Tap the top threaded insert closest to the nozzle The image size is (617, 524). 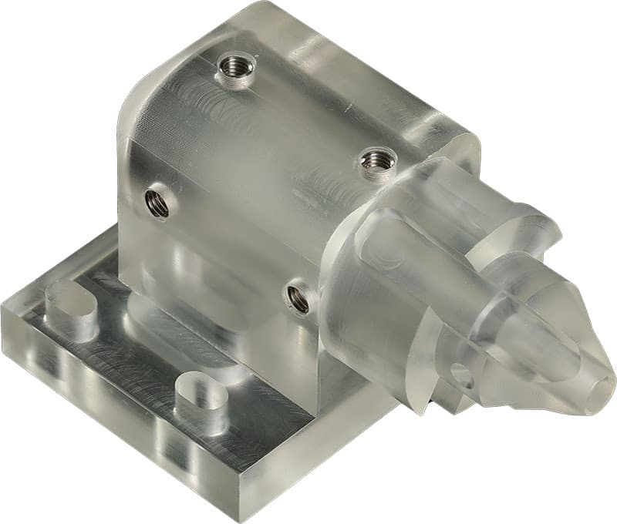[x=377, y=162]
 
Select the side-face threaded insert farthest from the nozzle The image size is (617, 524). [x=157, y=203]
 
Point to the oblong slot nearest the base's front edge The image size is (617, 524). [x=201, y=398]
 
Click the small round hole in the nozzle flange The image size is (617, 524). [x=462, y=375]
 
